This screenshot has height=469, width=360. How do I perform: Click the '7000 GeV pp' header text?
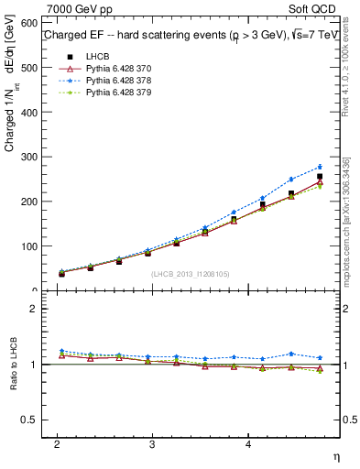(x=74, y=8)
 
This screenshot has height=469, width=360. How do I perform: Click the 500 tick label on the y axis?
(x=28, y=68)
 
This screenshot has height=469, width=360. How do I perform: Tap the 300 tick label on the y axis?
(x=28, y=157)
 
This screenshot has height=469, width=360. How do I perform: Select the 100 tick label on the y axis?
(x=28, y=246)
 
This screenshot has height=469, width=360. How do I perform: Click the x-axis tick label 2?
(x=57, y=444)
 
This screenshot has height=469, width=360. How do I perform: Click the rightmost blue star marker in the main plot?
(x=320, y=167)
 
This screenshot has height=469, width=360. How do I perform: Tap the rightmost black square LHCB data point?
(x=320, y=177)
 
